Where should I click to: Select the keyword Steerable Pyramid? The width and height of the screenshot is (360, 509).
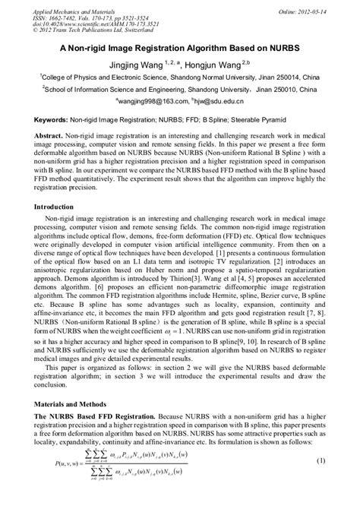click(283, 121)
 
